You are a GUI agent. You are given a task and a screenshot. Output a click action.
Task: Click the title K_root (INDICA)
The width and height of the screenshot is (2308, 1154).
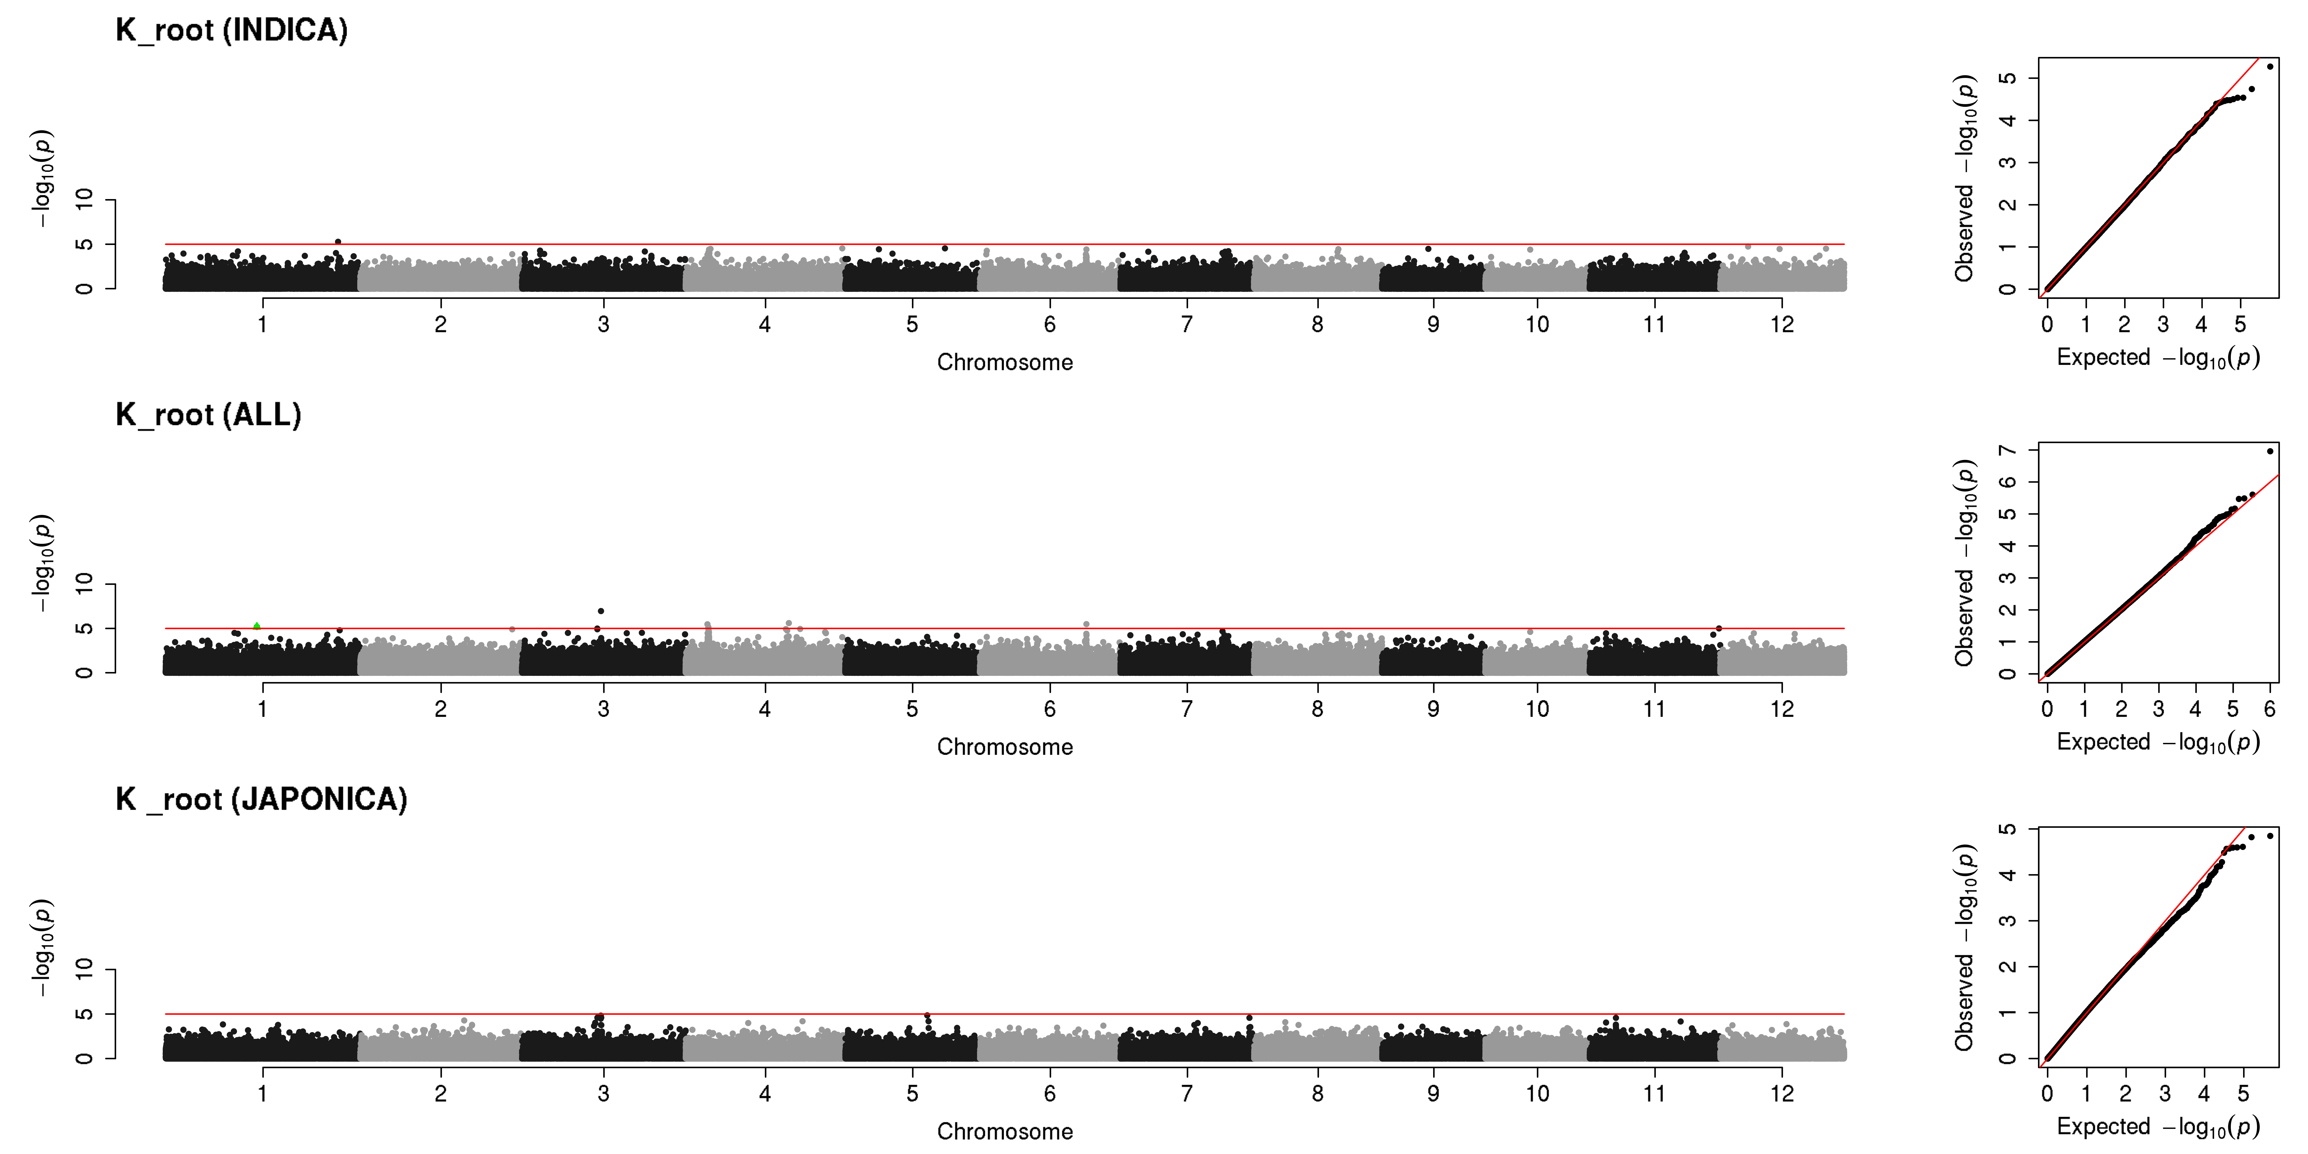coord(231,31)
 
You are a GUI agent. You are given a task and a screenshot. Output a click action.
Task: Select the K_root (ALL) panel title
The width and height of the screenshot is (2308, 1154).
coord(208,415)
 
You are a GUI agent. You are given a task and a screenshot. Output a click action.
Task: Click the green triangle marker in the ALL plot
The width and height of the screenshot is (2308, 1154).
coord(257,626)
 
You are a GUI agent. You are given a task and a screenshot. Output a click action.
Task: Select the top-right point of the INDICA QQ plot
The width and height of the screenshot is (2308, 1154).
coord(2270,66)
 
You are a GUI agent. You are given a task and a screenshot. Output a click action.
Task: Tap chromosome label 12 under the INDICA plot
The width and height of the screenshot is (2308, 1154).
coord(1782,324)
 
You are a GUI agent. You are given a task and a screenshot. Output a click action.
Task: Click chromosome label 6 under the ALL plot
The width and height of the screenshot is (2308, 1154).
coord(1050,709)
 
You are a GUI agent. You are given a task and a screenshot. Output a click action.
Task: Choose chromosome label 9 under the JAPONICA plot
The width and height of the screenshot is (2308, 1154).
coord(1434,1093)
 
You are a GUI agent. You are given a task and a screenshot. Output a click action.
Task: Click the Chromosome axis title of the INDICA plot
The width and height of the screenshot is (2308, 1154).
coord(1004,362)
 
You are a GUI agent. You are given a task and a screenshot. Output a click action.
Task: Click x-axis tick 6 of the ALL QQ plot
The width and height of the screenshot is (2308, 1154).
coord(2270,709)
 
